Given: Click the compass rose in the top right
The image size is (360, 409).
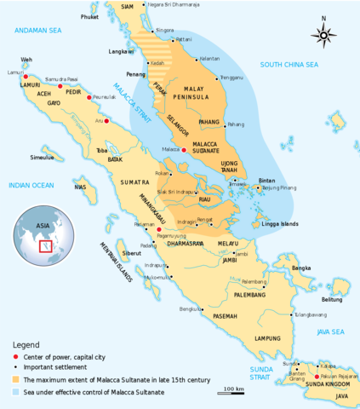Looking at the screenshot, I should [323, 33].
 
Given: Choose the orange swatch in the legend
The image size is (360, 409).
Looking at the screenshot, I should [16, 378].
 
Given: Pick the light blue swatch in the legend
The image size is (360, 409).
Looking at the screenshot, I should [16, 391].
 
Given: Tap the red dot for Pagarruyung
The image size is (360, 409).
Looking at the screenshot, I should [159, 229].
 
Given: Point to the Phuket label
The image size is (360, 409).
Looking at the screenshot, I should [89, 16].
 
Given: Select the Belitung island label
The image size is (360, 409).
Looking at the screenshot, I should [331, 299].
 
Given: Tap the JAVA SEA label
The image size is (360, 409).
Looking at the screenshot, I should [331, 331].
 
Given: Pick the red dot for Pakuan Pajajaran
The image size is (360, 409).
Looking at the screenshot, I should [317, 376].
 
